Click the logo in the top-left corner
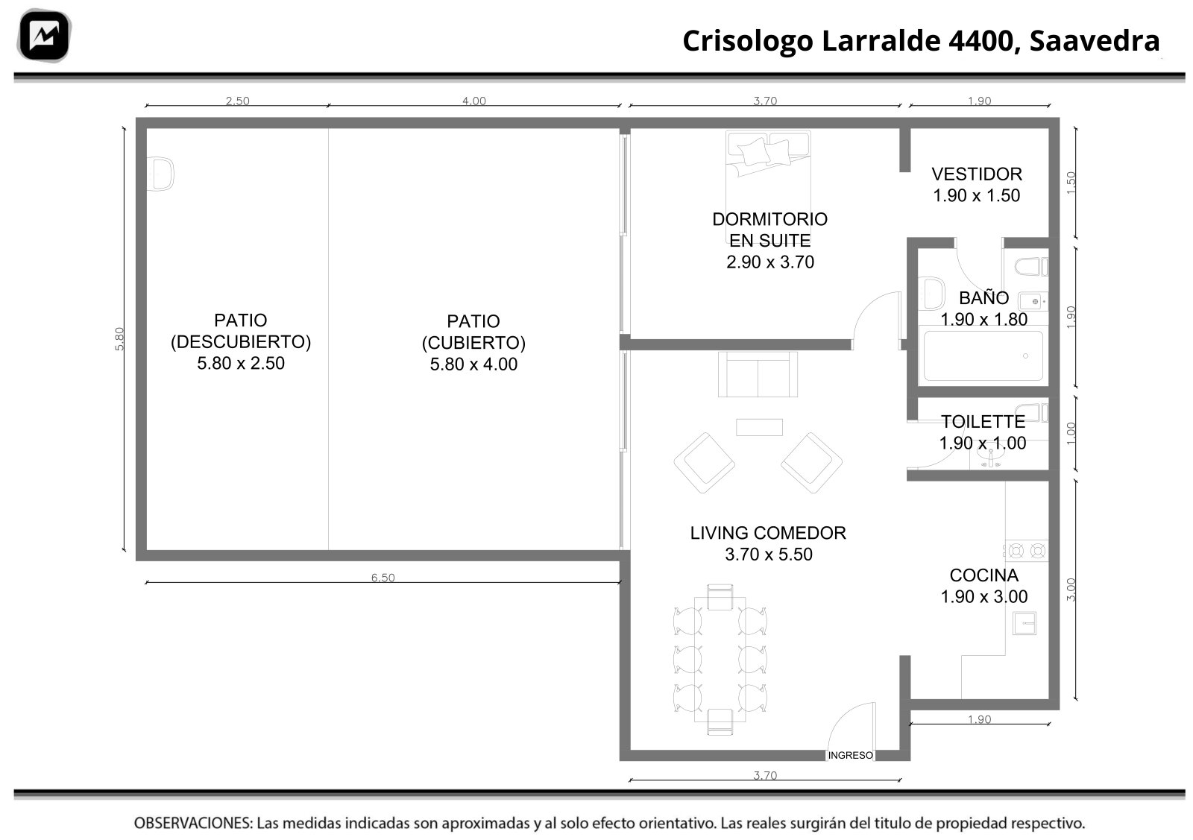coord(44,35)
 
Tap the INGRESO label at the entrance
coord(850,755)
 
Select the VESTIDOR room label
coord(977,174)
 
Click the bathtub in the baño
coord(983,356)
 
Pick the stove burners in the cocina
coord(1026,551)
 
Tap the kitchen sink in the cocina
coord(1024,623)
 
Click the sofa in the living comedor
coord(758,374)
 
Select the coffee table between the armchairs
coord(759,427)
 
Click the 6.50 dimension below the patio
coord(383,578)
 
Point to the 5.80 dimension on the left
coord(119,338)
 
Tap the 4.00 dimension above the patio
coord(474,101)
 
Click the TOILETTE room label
coord(983,422)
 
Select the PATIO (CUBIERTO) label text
coord(473,332)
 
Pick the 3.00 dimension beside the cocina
coord(1071,590)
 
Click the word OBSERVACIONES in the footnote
coord(193,823)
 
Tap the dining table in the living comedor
coord(720,659)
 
